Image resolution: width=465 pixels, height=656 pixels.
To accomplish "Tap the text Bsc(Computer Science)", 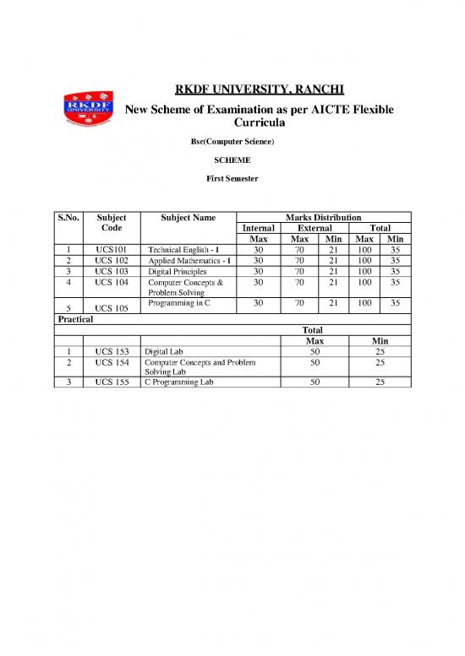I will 232,140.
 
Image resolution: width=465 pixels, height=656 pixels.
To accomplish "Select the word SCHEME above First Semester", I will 232,160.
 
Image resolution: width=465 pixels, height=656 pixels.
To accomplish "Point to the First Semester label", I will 232,179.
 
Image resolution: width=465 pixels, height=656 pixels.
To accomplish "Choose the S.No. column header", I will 68,218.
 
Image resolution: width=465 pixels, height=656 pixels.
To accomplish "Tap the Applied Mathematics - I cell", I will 183,262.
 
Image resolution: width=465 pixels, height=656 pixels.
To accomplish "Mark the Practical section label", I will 74,320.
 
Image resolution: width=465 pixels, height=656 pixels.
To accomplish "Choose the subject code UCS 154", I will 112,361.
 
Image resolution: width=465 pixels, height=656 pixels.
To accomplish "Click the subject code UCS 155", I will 112,382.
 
